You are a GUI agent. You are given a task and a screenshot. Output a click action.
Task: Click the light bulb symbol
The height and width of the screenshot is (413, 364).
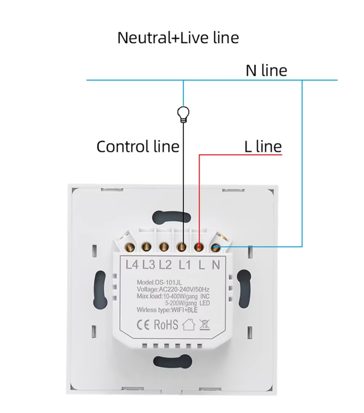click(183, 114)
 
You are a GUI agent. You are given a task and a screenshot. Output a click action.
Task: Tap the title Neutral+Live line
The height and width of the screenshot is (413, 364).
click(178, 38)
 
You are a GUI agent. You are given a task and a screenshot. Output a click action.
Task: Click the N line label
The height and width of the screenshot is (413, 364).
click(266, 70)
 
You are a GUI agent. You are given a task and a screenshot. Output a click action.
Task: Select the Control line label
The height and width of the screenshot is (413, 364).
click(138, 147)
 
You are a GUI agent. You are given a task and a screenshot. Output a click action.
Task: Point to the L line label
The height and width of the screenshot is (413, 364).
click(263, 147)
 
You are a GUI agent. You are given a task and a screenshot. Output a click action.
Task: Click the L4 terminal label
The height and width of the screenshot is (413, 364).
click(132, 264)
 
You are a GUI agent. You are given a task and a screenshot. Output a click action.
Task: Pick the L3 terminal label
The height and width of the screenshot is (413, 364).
click(149, 265)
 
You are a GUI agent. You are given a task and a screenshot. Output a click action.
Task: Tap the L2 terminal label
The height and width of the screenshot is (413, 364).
click(165, 265)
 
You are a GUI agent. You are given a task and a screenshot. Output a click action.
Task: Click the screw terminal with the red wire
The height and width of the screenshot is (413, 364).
click(199, 247)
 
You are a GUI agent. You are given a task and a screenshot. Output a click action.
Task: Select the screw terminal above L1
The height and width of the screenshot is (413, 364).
click(182, 247)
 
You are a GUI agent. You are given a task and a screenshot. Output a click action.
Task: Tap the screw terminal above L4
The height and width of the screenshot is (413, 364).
click(129, 247)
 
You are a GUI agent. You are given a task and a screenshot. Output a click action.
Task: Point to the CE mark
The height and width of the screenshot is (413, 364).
click(143, 325)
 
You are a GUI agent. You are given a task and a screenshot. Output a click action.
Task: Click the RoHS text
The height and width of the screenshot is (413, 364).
click(166, 325)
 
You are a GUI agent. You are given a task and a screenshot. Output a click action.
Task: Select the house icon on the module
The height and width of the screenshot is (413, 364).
click(189, 325)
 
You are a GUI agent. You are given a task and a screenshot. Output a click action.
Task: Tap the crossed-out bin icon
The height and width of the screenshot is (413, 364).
click(205, 325)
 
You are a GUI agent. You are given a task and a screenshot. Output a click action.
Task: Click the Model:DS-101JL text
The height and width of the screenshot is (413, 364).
click(159, 282)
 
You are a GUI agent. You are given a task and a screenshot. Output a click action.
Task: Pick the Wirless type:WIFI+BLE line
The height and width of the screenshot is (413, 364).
click(167, 310)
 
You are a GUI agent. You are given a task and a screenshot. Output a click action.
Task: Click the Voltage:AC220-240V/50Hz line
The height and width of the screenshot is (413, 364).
click(173, 290)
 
